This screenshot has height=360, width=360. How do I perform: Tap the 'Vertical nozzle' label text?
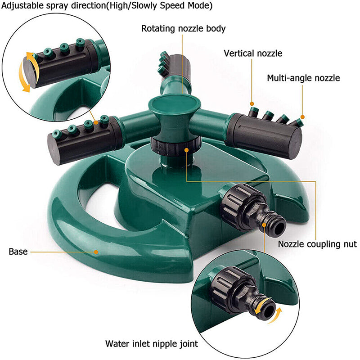point(253,54)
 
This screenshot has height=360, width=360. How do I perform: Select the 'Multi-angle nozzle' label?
point(303,78)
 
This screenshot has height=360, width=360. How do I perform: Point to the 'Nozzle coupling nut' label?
point(317,244)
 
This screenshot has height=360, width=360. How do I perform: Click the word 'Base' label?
point(18,252)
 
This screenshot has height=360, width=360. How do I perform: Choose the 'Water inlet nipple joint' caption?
point(152,344)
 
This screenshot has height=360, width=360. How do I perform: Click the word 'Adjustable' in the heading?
point(20,6)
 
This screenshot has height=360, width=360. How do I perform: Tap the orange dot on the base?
point(96,252)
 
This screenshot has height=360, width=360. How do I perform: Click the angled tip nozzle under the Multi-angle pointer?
point(296,121)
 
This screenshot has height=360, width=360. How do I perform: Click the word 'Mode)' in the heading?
point(201,6)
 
